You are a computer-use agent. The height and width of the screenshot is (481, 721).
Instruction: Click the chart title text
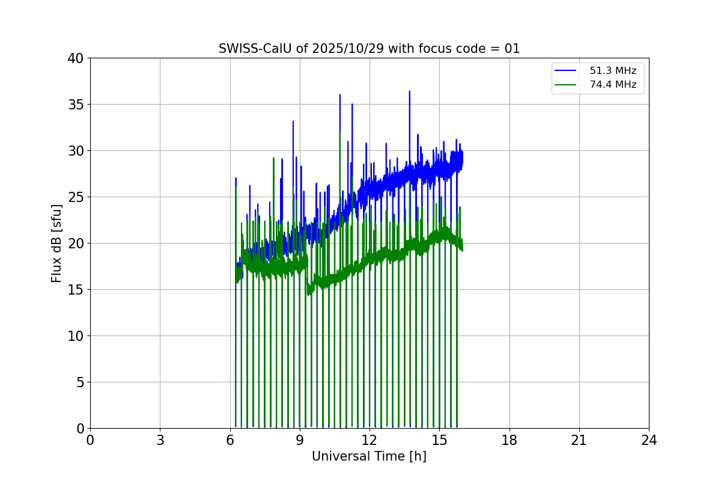369,49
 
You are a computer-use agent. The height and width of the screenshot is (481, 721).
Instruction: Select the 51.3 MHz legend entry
612,71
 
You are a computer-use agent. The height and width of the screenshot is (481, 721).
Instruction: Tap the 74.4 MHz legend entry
612,85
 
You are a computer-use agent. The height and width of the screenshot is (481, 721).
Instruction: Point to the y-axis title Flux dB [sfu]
56,243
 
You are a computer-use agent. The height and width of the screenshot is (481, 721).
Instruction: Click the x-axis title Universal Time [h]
369,456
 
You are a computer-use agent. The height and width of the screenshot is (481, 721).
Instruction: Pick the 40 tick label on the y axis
76,58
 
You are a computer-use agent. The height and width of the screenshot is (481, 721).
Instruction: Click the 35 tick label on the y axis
76,105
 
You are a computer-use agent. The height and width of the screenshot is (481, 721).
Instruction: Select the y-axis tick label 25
76,197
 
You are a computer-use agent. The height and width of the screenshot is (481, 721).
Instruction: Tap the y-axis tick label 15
76,290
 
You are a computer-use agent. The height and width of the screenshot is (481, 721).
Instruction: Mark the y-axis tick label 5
79,382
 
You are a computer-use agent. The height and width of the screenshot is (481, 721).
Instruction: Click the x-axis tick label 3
160,440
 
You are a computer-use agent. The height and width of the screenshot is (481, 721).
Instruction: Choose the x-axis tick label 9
300,440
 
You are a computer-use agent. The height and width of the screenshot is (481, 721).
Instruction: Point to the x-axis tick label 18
510,440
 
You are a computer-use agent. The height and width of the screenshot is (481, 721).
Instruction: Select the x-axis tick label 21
579,440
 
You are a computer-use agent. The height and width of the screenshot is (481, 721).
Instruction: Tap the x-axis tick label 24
649,440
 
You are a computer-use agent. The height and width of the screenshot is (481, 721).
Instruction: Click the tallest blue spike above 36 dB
409,92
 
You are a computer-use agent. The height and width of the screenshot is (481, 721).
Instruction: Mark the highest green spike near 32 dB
340,133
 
